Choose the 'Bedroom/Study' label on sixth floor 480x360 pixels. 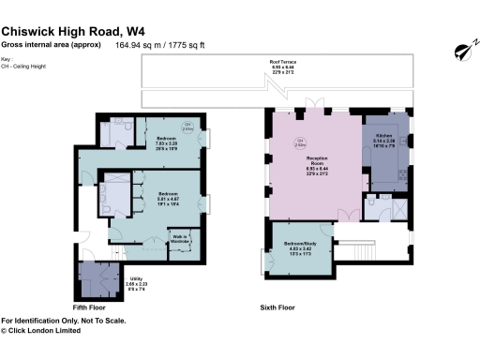302,247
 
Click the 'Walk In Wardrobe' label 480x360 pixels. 180,238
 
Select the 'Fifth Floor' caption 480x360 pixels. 89,307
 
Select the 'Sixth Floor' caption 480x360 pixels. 277,307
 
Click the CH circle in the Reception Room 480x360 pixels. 301,144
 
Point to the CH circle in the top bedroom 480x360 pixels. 187,127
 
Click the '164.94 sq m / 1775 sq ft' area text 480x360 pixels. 161,44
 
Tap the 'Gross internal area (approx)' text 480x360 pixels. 52,44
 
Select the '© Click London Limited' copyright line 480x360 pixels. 47,329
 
